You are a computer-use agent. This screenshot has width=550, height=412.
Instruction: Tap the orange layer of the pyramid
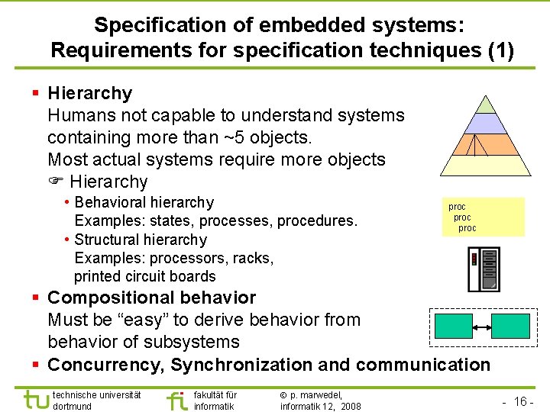pos(486,144)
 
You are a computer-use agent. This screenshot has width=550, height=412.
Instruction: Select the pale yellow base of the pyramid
pos(486,166)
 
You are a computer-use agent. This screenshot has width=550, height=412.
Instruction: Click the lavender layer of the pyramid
pos(486,124)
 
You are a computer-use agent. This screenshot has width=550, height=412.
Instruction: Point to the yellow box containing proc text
pos(483,217)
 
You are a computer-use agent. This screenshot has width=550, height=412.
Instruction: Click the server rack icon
pos(484,269)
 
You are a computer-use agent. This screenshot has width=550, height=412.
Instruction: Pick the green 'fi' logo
pos(176,400)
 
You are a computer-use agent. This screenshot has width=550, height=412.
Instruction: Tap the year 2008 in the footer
pos(351,407)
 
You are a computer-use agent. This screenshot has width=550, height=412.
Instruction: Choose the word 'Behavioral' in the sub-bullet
pos(112,203)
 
